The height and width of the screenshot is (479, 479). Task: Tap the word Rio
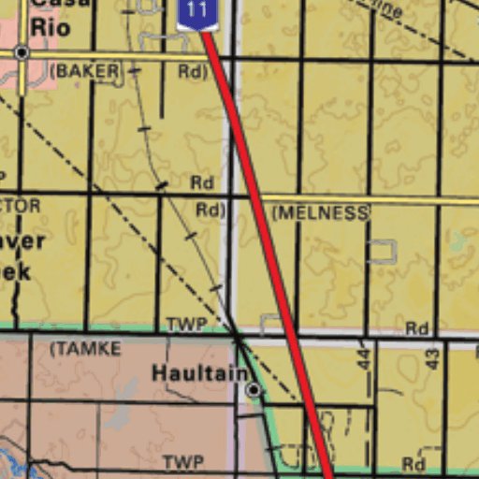click(x=50, y=27)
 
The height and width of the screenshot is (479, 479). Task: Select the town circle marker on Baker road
click(x=21, y=53)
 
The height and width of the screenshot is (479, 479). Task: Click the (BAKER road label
click(x=85, y=70)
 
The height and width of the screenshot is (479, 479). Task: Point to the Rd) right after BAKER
click(x=191, y=71)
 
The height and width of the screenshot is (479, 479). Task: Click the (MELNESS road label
click(x=320, y=213)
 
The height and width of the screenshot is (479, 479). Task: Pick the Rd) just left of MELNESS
click(x=210, y=210)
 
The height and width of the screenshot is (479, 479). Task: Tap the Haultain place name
click(x=199, y=372)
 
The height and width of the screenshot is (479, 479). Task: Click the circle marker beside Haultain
click(x=253, y=388)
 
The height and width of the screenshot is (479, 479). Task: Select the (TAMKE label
click(x=85, y=349)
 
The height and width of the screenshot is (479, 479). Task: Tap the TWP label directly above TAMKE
click(x=185, y=326)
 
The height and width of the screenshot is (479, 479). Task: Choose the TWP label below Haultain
click(x=182, y=463)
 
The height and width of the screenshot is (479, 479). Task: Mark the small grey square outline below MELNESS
click(x=382, y=251)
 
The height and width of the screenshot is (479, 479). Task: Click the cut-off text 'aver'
click(x=21, y=240)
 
